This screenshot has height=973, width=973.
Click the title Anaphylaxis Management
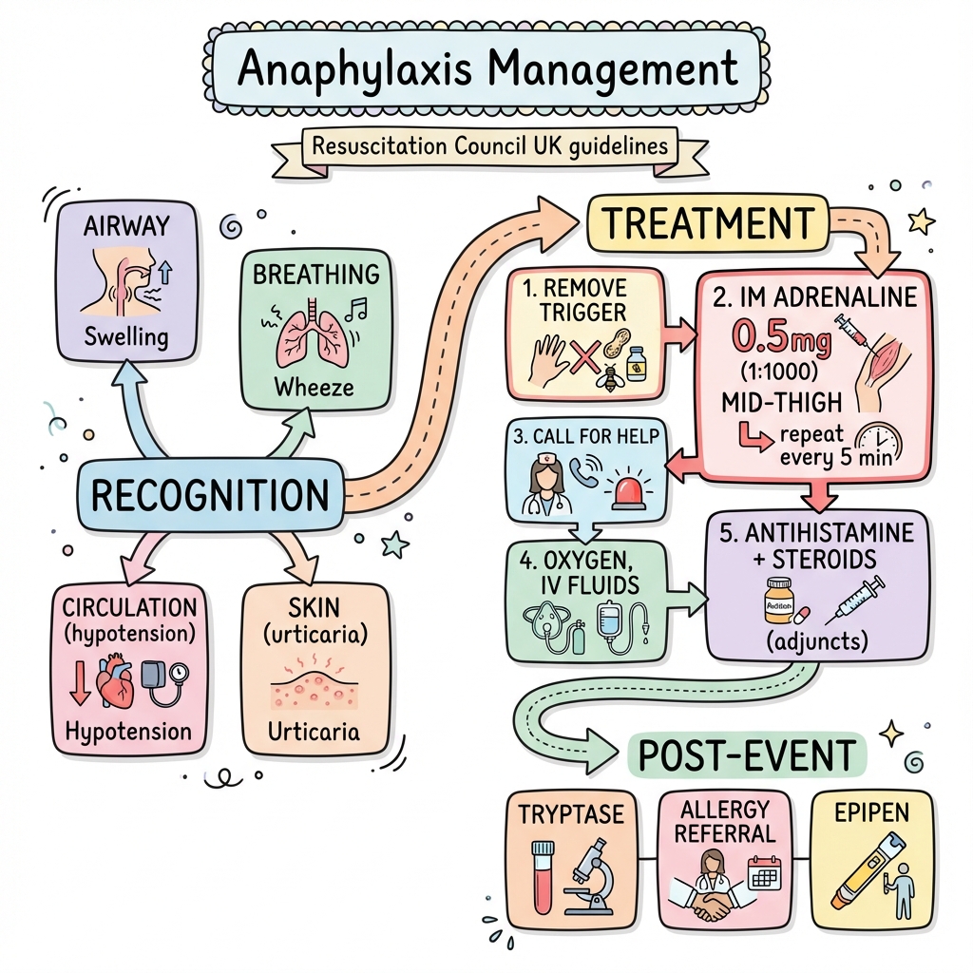pyautogui.click(x=486, y=68)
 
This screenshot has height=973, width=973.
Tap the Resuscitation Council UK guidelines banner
pyautogui.click(x=486, y=147)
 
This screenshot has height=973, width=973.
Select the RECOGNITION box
pyautogui.click(x=209, y=495)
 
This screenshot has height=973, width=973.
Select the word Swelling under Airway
pyautogui.click(x=125, y=335)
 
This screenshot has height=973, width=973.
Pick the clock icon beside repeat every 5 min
pyautogui.click(x=880, y=443)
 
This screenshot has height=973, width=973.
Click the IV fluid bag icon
pyautogui.click(x=609, y=621)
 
